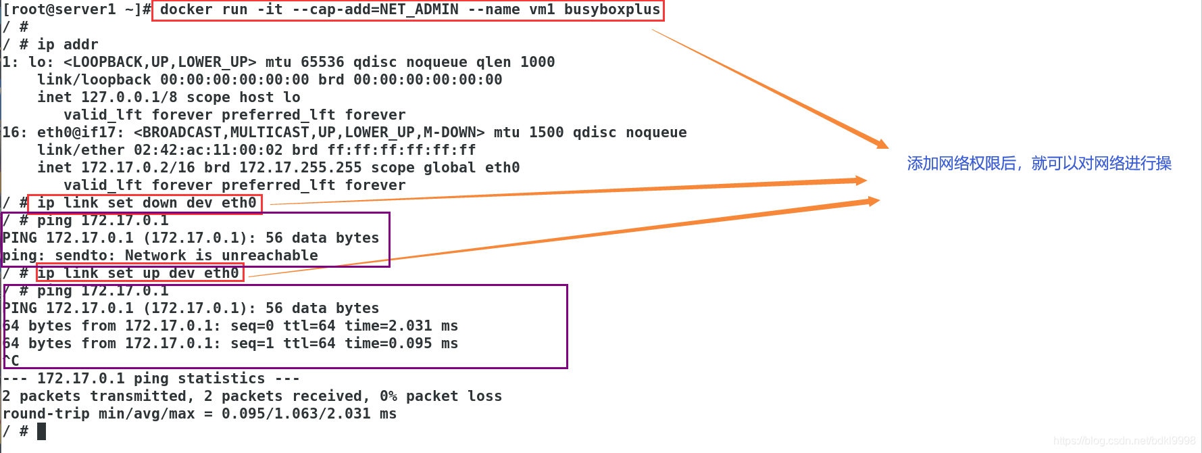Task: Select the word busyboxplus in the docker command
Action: pos(611,9)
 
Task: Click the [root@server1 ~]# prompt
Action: pos(76,9)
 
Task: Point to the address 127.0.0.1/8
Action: pos(129,97)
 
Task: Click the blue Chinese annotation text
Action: pos(1038,164)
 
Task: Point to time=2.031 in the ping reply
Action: pos(388,326)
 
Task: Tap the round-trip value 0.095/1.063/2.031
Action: pos(296,414)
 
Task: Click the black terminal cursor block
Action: pos(41,431)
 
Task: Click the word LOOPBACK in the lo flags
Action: pos(107,62)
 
